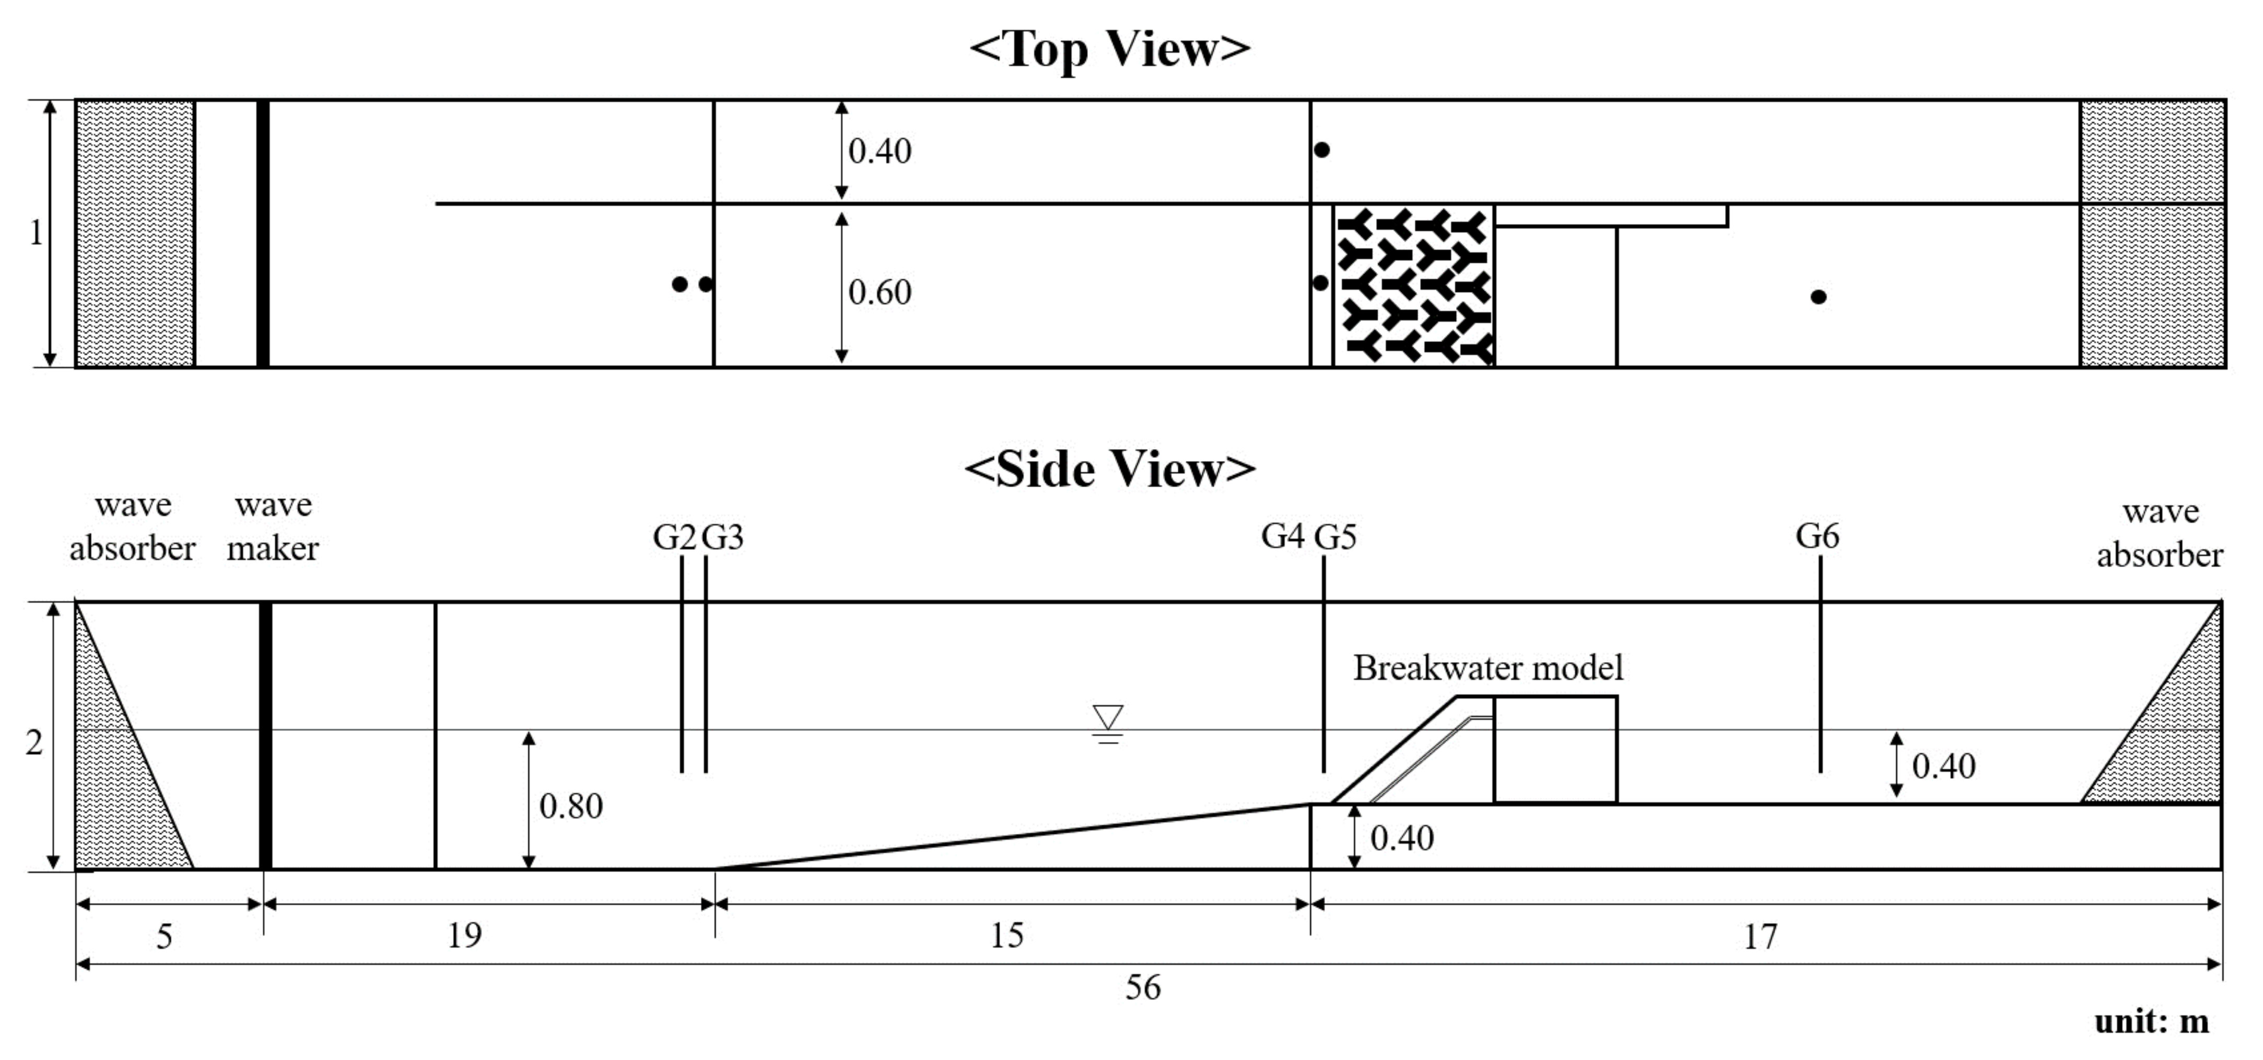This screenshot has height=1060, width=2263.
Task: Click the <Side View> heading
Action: [x=1109, y=469]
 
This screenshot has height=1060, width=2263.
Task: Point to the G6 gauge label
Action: [x=1817, y=536]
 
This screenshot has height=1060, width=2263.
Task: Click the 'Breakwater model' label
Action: [x=1487, y=668]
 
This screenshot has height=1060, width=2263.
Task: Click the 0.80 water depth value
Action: [x=571, y=806]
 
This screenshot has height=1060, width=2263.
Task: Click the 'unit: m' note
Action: [x=2151, y=1021]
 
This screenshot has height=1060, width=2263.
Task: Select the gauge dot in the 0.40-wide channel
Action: [x=1321, y=150]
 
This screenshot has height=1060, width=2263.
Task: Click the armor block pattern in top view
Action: [x=1413, y=286]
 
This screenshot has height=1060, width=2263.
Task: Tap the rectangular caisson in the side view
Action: [x=1555, y=749]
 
